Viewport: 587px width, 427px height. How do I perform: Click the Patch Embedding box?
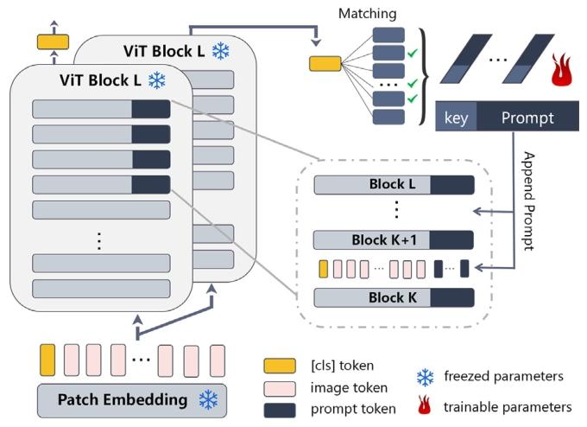(129, 400)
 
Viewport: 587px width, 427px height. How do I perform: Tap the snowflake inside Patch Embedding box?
(209, 400)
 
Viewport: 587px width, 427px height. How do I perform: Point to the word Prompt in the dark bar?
(527, 118)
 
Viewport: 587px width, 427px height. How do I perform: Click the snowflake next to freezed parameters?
(426, 377)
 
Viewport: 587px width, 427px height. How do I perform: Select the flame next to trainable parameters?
(426, 405)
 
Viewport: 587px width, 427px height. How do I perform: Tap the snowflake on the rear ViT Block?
(221, 52)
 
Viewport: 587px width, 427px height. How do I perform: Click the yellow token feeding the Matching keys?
(325, 61)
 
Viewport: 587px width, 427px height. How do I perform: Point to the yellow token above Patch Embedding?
(47, 358)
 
